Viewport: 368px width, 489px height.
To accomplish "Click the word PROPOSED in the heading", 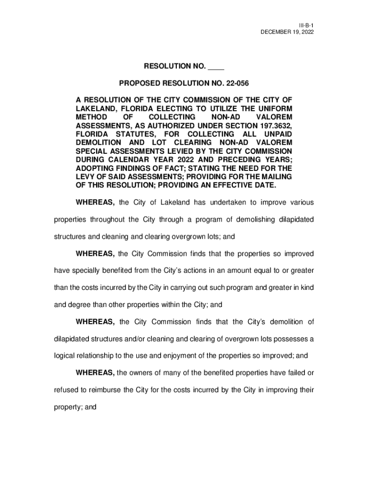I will (140, 84).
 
